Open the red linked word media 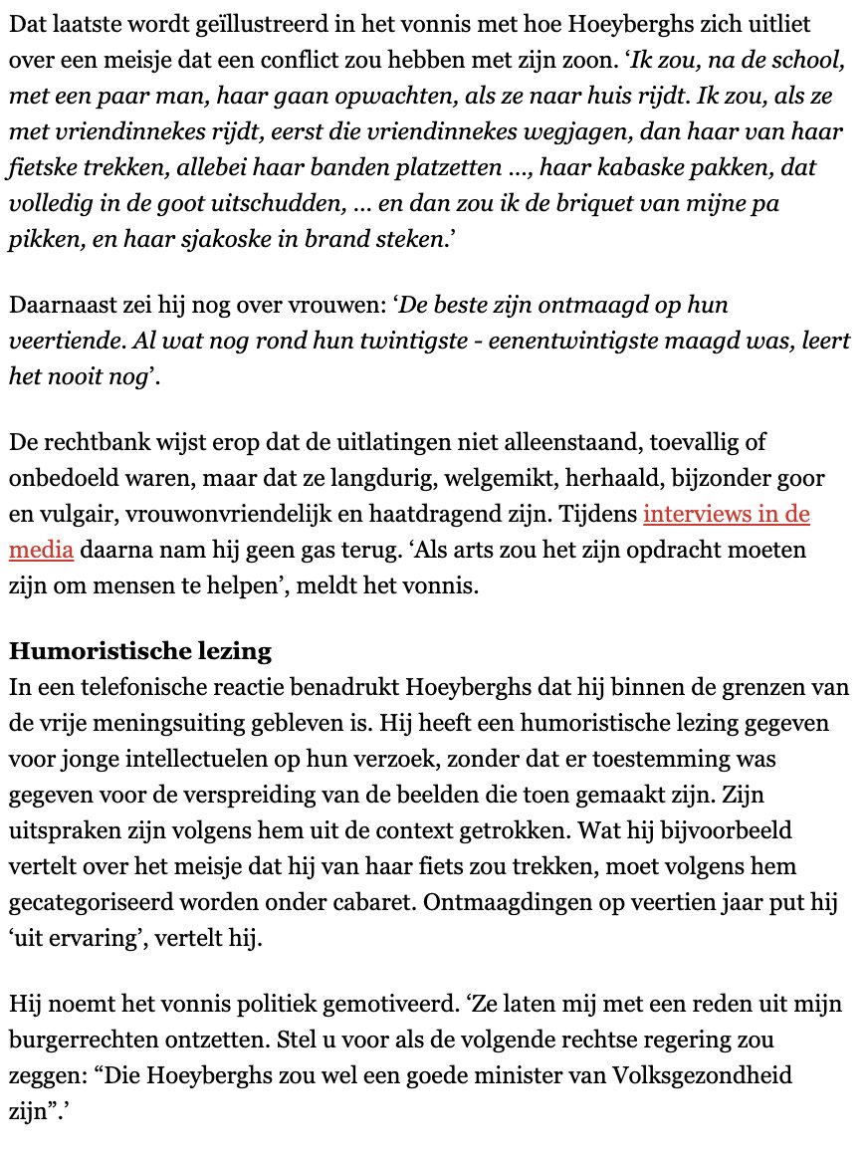[x=41, y=550]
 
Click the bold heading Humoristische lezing [x=139, y=651]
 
